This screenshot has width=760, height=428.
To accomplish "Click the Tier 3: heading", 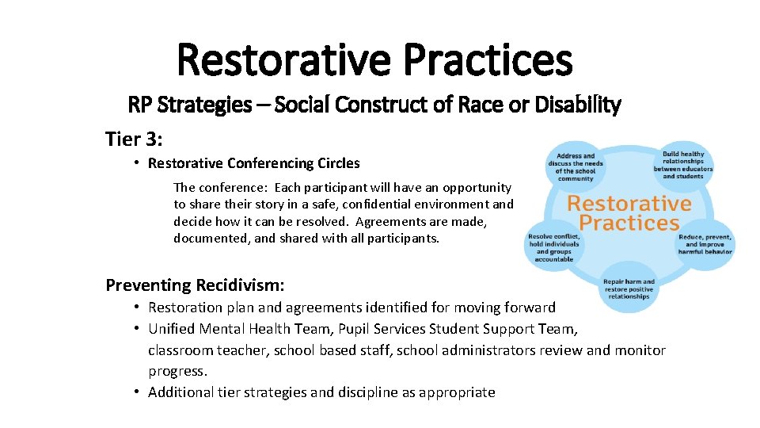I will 134,139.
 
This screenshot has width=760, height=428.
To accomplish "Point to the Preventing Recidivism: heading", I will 195,285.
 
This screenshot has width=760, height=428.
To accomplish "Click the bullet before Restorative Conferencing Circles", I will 137,163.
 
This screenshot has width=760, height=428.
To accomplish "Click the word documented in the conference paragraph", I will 208,238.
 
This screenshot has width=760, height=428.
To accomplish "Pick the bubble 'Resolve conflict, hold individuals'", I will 554,248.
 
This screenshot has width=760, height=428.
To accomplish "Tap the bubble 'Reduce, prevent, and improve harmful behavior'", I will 705,245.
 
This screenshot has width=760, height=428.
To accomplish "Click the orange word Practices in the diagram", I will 629,223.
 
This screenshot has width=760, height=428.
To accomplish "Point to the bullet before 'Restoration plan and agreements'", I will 137,307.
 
